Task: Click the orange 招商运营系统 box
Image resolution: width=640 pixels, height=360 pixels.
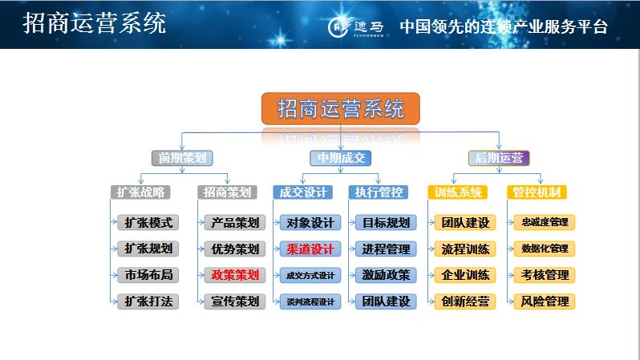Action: click(x=340, y=108)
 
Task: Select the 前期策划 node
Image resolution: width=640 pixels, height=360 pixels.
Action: click(x=182, y=158)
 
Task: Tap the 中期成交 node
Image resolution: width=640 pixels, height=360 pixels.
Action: click(x=341, y=158)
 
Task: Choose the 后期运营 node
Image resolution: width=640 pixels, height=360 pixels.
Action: click(x=499, y=158)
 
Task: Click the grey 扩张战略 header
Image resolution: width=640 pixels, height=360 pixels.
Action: click(x=141, y=192)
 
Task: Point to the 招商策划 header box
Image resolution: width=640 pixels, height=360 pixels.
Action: click(x=228, y=192)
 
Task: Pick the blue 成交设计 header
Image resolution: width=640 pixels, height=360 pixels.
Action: click(x=302, y=192)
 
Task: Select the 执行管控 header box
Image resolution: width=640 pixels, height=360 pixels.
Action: click(x=378, y=192)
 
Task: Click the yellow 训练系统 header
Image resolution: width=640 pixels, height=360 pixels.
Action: click(x=458, y=192)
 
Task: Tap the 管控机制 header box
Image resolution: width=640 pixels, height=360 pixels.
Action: click(x=537, y=192)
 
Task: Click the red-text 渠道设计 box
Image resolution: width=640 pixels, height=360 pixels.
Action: click(x=310, y=249)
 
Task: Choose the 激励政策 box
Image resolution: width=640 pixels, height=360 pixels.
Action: click(x=386, y=275)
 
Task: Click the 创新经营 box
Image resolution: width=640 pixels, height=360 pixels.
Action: click(x=465, y=301)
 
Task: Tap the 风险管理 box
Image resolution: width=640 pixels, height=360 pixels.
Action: click(x=545, y=301)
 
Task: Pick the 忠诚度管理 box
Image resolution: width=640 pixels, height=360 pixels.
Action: click(x=545, y=222)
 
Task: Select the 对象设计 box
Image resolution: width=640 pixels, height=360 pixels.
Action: click(x=310, y=222)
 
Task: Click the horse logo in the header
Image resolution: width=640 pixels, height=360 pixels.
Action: click(x=340, y=26)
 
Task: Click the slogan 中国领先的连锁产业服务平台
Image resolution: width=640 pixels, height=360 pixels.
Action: click(x=503, y=26)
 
